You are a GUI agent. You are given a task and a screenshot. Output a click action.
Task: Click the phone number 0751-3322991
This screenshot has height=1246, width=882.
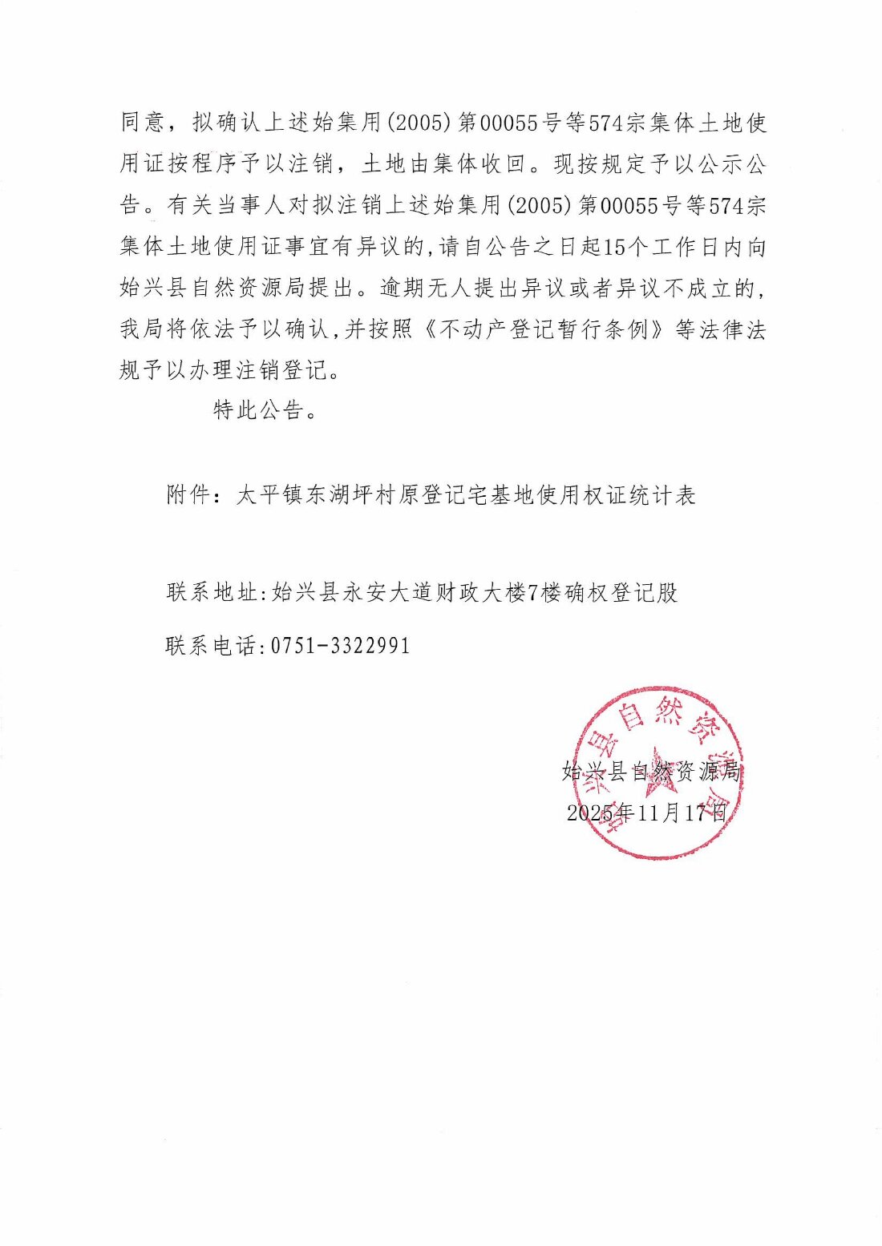pos(341,645)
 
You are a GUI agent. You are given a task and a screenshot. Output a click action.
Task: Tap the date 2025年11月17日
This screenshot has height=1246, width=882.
pos(646,813)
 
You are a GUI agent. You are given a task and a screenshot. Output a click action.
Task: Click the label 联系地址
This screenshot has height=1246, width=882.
pos(212,592)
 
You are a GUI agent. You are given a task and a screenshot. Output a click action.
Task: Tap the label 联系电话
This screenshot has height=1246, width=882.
pos(212,645)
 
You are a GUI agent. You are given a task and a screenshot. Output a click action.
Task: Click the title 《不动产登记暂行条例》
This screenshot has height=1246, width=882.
pos(544,329)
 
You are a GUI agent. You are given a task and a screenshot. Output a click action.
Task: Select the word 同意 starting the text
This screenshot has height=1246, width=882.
pos(143,123)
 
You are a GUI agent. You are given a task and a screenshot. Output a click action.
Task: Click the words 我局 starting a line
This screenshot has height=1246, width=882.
pos(143,329)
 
